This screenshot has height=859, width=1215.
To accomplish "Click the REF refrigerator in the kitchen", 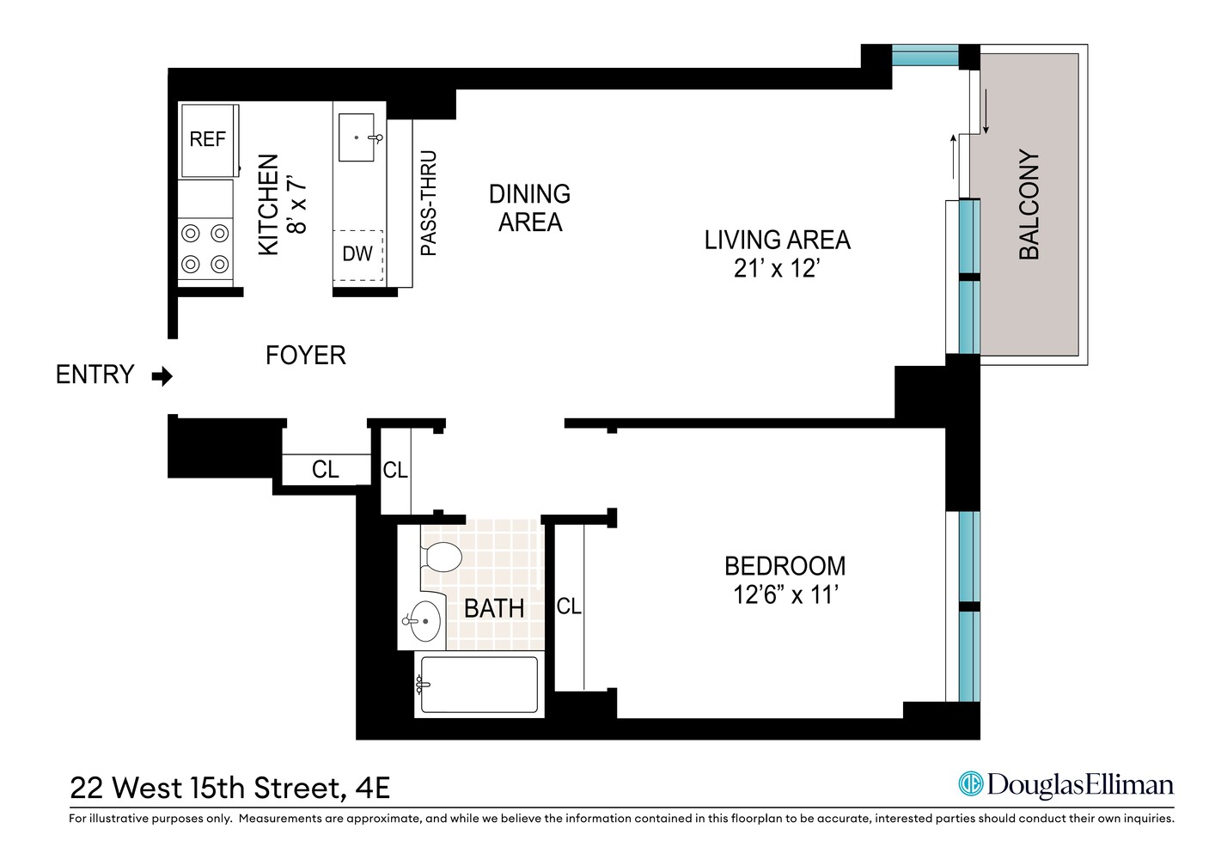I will click(207, 139).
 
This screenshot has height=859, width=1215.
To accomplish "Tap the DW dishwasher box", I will click(357, 254).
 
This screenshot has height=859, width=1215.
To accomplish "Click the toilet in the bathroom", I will click(443, 557).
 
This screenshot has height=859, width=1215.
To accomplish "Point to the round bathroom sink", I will click(423, 619).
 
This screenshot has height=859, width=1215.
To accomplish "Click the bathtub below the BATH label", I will click(478, 685).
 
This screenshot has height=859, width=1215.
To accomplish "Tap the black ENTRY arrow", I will click(162, 376).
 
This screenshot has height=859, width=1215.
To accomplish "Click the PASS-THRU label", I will click(429, 204).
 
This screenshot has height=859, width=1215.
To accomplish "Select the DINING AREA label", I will click(529, 208).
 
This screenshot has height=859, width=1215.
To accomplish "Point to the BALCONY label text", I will click(1029, 205).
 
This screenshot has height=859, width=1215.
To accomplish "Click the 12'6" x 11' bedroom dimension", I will click(785, 594).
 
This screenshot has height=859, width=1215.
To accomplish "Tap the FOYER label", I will click(305, 356).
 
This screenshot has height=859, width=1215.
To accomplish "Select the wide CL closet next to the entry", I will click(325, 470).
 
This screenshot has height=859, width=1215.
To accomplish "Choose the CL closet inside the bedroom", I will click(569, 606).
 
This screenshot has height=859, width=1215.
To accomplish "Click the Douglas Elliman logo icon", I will click(971, 784).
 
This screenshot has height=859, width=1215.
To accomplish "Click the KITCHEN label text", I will click(269, 204).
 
